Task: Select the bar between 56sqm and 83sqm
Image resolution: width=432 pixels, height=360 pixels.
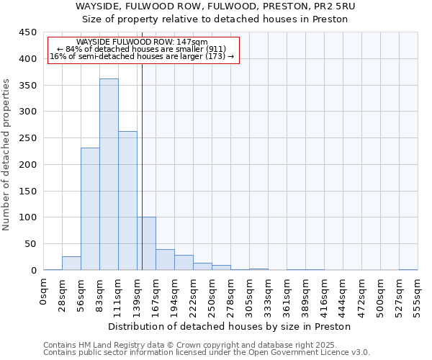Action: pos(90,209)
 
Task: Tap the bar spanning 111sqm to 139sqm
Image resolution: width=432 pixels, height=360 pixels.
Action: pos(127,201)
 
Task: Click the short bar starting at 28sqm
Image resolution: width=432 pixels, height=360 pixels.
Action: pos(71,264)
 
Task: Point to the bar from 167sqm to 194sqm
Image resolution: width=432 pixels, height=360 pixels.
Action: pos(165,260)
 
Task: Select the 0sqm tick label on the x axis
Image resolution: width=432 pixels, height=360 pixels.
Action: pos(44,292)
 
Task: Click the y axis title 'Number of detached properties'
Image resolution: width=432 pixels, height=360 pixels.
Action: pos(6,155)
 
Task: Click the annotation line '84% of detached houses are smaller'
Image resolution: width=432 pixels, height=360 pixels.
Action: pos(142,49)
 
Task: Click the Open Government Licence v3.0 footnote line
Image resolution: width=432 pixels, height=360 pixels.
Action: pos(207,353)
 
